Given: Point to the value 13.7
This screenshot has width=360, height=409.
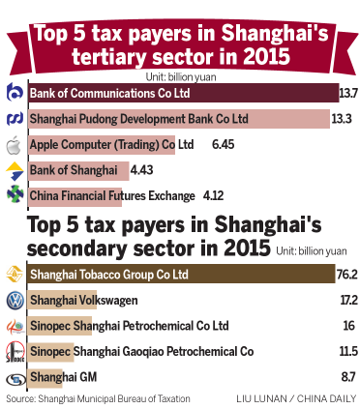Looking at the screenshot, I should tap(348, 94).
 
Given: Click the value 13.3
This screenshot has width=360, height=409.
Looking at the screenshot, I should tap(342, 119).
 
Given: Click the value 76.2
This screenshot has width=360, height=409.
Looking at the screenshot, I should tap(345, 275).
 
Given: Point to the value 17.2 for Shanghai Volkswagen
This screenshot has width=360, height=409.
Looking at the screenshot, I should tap(345, 300).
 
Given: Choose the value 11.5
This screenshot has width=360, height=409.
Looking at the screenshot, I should tap(345, 350).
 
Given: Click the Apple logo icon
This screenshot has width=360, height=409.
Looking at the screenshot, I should tap(14, 145).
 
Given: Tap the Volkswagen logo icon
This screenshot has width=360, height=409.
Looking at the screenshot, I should tap(14, 300).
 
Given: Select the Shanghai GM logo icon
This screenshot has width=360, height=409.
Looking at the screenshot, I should tap(14, 375).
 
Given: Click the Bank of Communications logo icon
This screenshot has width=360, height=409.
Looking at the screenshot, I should tap(14, 94).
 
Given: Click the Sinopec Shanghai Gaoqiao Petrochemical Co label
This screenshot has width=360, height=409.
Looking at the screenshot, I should tap(141, 350).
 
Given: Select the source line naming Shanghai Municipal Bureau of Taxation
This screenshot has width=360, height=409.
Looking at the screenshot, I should tap(98, 397).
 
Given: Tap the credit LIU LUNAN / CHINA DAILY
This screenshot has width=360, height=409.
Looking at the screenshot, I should tap(296, 397).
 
